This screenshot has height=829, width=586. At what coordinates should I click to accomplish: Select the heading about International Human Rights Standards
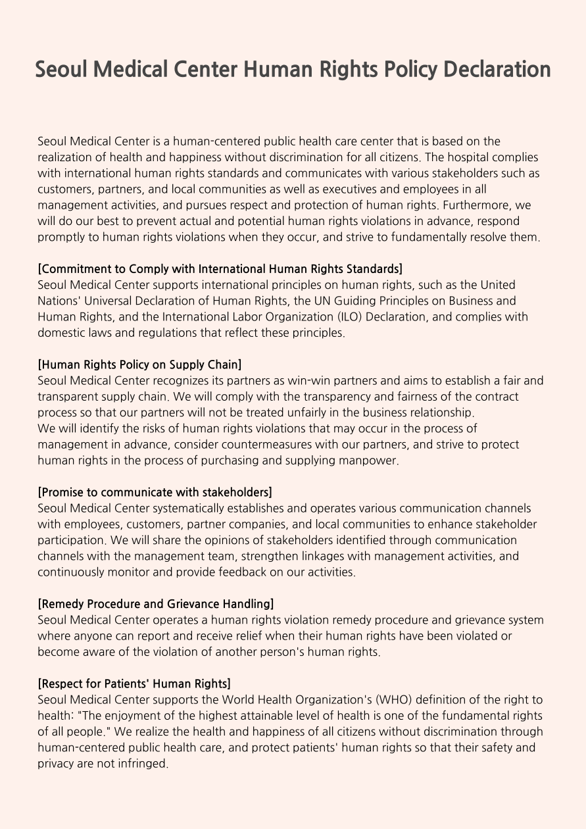pyautogui.click(x=220, y=268)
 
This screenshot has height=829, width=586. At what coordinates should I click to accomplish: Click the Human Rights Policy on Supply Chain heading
pyautogui.click(x=139, y=364)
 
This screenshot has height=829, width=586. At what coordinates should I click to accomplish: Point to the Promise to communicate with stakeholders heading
pyautogui.click(x=155, y=492)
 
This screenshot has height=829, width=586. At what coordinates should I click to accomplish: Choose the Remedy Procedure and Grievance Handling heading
pyautogui.click(x=156, y=603)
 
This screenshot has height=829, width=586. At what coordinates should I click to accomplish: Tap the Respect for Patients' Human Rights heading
pyautogui.click(x=134, y=684)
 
